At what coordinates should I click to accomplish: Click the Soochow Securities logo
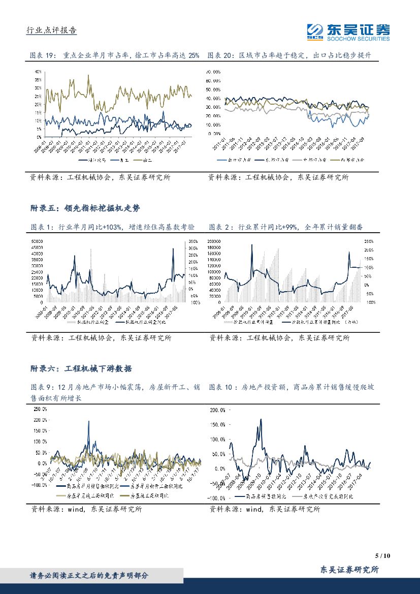[348, 32]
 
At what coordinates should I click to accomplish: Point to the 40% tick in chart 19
[38, 72]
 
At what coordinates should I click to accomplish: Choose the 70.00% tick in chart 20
[213, 72]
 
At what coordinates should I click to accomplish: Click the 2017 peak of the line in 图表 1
[174, 248]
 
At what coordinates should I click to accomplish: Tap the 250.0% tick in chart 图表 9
[40, 409]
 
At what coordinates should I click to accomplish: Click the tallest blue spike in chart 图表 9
[89, 421]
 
